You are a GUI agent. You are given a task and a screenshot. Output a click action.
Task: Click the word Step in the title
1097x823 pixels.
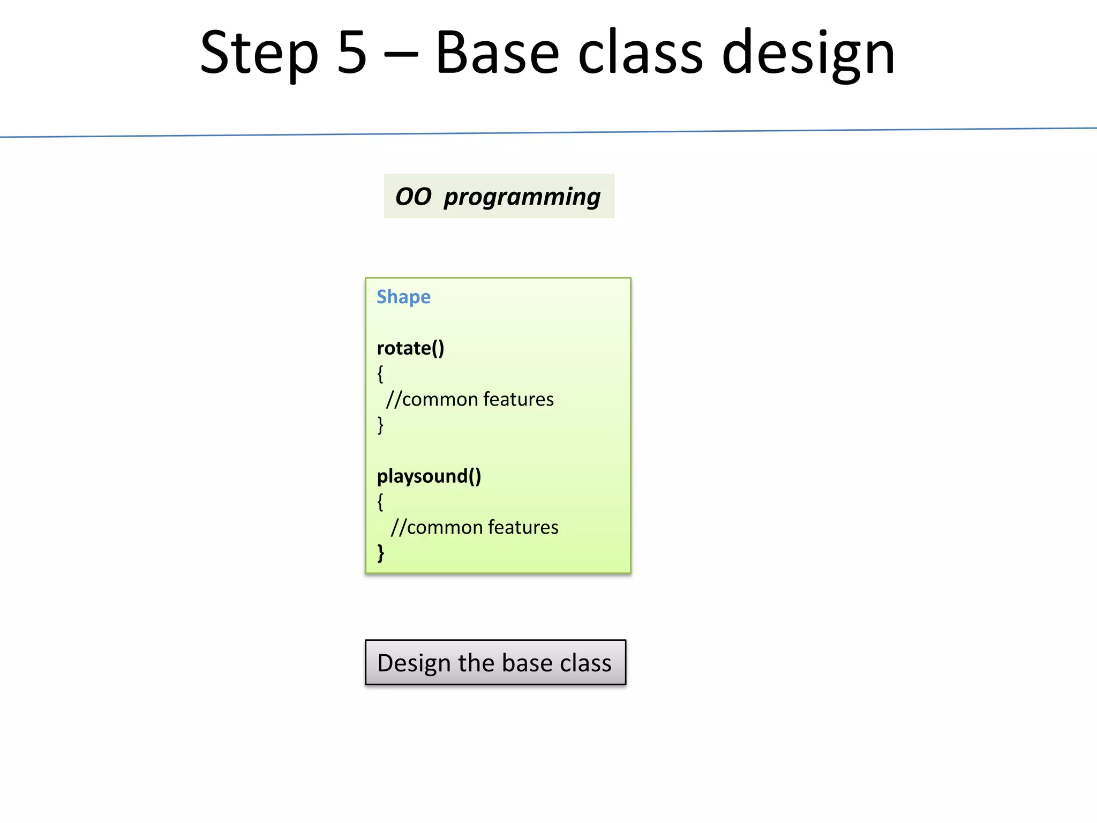[x=259, y=54]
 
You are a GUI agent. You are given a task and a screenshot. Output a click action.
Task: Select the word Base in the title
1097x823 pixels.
[x=497, y=54]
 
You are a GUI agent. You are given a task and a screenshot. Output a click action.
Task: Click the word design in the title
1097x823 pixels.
[x=808, y=54]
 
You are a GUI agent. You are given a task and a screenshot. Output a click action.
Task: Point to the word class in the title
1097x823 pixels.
[x=640, y=54]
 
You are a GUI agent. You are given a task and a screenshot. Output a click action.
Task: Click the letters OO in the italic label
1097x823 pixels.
[x=413, y=197]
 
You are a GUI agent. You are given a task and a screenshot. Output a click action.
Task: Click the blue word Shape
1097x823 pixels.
[x=403, y=297]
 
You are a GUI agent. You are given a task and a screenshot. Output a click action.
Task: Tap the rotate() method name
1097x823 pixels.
[x=410, y=348]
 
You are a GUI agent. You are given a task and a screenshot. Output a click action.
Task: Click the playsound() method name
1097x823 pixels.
[x=429, y=476]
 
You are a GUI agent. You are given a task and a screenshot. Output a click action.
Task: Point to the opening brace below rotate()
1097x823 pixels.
[x=380, y=373]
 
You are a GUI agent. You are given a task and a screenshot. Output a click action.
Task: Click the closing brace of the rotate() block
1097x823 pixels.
[x=380, y=425]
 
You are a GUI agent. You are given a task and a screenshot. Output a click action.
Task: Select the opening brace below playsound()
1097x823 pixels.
[x=380, y=502]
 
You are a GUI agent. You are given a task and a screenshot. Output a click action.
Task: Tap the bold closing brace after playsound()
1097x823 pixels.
[x=381, y=552]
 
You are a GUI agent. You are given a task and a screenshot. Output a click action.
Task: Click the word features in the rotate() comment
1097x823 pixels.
[x=518, y=399]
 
